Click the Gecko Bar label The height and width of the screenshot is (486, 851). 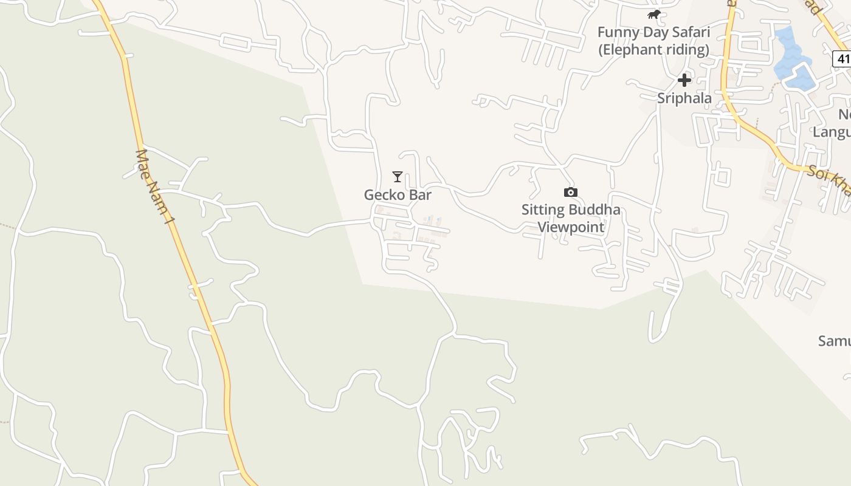pos(398,195)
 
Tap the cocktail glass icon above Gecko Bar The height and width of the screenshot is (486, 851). pos(398,177)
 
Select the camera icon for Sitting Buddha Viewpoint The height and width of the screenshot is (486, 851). pos(570,193)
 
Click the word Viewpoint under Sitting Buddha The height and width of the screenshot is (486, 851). pos(571,227)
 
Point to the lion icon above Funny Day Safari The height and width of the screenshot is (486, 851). pos(653,14)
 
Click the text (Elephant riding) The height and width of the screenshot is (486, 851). pos(653,49)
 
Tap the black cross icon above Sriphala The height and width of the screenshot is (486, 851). pos(684,80)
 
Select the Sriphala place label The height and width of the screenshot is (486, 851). pos(684,98)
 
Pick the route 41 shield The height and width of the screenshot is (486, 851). pos(842,59)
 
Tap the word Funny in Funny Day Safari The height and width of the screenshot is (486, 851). pos(616,32)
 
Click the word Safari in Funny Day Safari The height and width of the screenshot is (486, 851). pos(691,32)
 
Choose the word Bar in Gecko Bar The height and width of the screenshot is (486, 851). pos(421,195)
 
